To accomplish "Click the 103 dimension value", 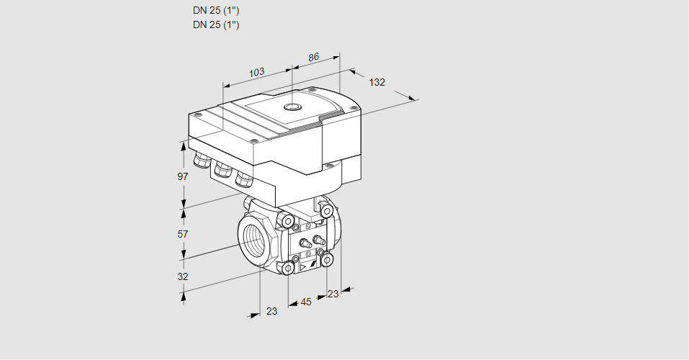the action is [256, 72].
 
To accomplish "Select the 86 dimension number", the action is [313, 57].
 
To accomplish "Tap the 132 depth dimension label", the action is [377, 82].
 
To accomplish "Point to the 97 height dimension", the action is [182, 176].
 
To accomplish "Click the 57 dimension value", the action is [182, 234].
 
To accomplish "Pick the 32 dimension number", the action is [182, 276].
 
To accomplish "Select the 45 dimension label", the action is [305, 302].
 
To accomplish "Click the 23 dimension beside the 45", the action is [333, 294].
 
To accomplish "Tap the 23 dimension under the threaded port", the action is [271, 311].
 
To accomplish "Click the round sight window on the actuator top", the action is [292, 107].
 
